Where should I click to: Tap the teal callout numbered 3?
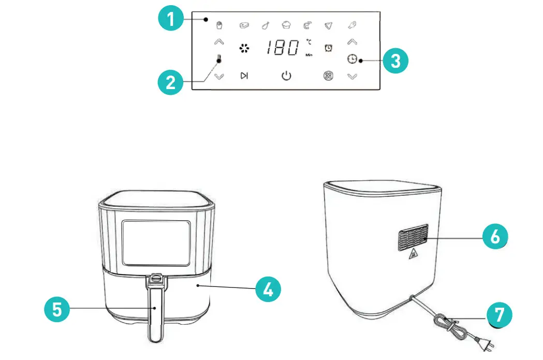(x=395, y=61)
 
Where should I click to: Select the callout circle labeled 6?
(x=495, y=237)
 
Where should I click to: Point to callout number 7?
(x=499, y=314)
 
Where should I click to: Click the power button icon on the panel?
(x=286, y=76)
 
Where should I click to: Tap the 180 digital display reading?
(x=283, y=48)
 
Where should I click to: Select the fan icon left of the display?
(x=244, y=49)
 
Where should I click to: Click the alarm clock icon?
(x=328, y=48)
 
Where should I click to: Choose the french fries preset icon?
(x=218, y=25)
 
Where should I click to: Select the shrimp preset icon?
(x=307, y=25)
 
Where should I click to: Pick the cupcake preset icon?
(x=286, y=24)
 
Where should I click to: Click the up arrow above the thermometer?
(x=219, y=42)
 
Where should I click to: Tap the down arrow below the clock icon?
(x=352, y=77)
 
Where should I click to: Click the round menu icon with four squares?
(x=328, y=76)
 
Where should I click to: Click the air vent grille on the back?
(x=413, y=238)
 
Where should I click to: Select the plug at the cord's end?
(x=487, y=343)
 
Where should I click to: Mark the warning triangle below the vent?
(x=413, y=256)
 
